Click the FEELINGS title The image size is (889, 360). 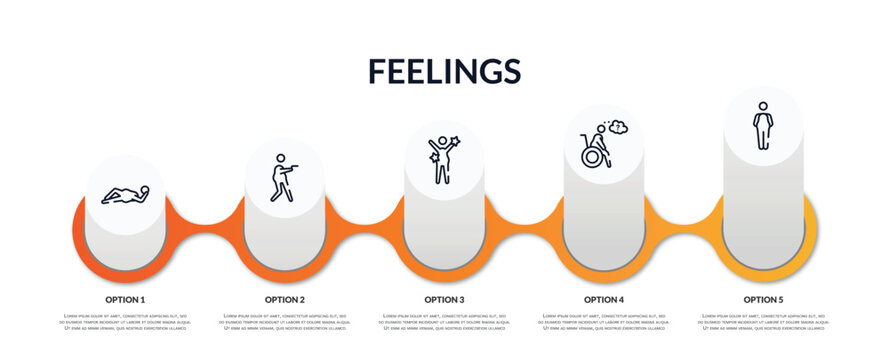click(x=444, y=70)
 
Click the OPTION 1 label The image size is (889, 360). click(x=125, y=299)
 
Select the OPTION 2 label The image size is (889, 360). click(x=285, y=299)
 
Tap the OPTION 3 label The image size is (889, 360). click(x=444, y=299)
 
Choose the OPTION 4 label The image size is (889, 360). click(x=604, y=299)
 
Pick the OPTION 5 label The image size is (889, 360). click(x=763, y=299)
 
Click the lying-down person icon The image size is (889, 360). click(x=125, y=194)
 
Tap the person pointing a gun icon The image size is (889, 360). click(x=284, y=177)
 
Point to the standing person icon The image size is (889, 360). click(x=763, y=126)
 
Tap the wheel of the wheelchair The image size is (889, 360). click(x=593, y=157)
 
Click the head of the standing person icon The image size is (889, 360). click(x=763, y=106)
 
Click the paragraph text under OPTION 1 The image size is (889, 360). click(x=125, y=323)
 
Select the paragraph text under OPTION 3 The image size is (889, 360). click(x=444, y=323)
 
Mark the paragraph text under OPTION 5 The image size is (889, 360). click(x=763, y=323)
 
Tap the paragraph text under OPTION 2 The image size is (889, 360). click(x=285, y=323)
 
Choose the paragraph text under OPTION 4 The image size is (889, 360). click(x=604, y=323)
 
